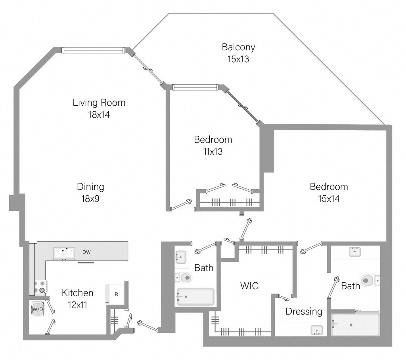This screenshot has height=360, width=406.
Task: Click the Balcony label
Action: click(x=238, y=48)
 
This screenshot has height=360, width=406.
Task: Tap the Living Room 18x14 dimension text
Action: click(x=99, y=115)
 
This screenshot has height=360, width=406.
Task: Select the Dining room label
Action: click(x=90, y=187)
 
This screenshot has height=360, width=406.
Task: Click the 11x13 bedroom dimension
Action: click(x=213, y=152)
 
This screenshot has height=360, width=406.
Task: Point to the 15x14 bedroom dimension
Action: click(x=329, y=199)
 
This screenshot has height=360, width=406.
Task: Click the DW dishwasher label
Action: click(x=86, y=252)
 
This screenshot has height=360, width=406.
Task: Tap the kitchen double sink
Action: click(x=65, y=253)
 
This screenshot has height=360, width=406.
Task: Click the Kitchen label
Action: click(x=78, y=293)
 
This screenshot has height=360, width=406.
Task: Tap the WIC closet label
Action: click(x=249, y=286)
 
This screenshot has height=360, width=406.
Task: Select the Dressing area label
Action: click(x=304, y=311)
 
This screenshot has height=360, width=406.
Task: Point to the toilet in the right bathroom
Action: click(x=369, y=281)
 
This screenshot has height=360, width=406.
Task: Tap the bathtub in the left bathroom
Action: click(x=195, y=297)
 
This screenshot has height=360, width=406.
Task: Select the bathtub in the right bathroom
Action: click(x=355, y=325)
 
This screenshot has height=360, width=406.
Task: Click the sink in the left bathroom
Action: click(x=181, y=257)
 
